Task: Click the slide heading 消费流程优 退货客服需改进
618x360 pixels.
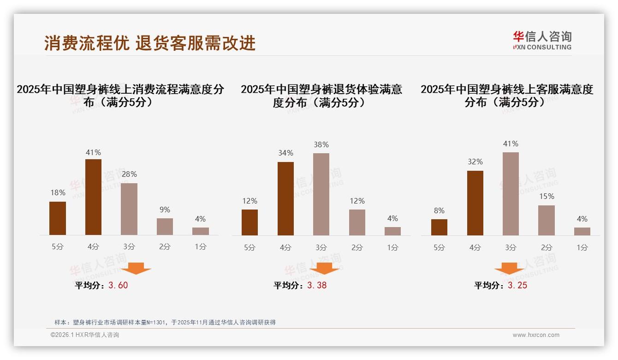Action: point(150,43)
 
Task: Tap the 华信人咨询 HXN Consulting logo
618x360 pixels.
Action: point(542,40)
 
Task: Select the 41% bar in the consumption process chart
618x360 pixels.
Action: point(93,197)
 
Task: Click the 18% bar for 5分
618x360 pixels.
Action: point(58,218)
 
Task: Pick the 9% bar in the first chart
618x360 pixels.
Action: point(165,227)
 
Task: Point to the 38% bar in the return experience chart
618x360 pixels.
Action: point(321,194)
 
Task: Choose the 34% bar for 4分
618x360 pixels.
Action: point(285,198)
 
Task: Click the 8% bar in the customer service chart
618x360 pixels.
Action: point(439,227)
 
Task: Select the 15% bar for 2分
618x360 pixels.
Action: point(547,220)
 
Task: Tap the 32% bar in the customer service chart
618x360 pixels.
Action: point(475,203)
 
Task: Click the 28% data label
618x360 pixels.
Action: point(129,174)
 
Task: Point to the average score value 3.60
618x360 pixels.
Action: point(118,285)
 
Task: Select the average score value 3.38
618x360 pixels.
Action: point(317,285)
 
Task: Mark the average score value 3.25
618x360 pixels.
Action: point(517,285)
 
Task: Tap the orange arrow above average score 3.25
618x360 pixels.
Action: point(509,268)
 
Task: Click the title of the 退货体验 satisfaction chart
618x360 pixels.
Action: point(321,96)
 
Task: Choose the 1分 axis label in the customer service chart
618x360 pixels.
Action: point(582,247)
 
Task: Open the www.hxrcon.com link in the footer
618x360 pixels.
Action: point(536,335)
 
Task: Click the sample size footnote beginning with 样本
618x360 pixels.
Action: point(165,322)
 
